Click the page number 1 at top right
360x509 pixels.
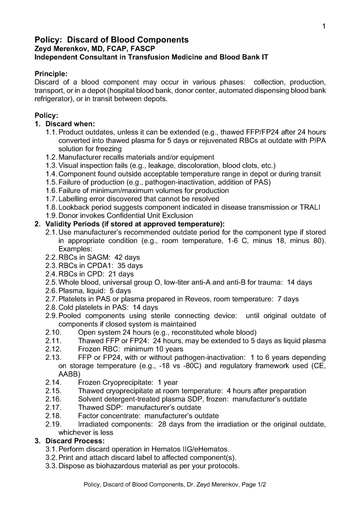(x=324, y=26)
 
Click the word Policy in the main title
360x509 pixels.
(x=47, y=40)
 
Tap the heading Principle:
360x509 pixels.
(x=54, y=74)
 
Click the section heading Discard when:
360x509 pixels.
(x=70, y=124)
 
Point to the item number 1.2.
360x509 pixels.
(x=51, y=157)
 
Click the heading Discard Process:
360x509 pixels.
(x=75, y=441)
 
